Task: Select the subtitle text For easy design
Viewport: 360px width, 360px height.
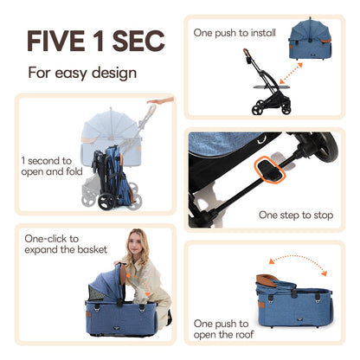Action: tap(83, 73)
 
